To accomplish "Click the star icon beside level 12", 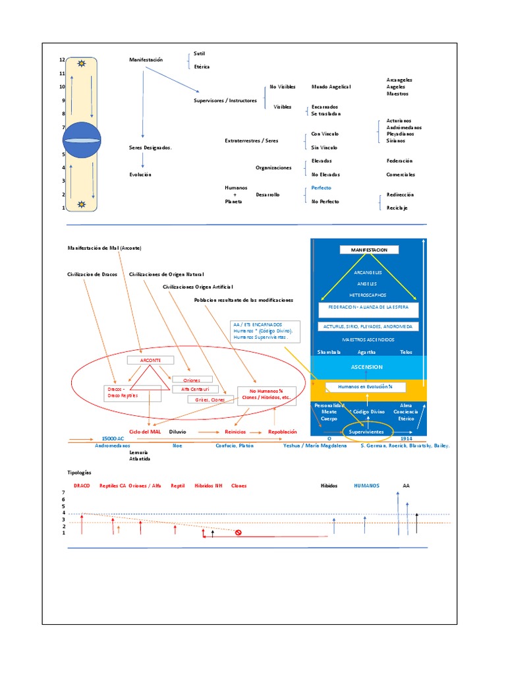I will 81,63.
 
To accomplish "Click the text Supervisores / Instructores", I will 225,101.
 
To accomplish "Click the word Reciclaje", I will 397,208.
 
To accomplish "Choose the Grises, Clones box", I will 206,399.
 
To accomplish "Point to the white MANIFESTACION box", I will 369,250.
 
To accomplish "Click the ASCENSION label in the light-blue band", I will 368,367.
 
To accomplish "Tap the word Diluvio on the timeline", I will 177,432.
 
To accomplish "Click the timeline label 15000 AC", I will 113,438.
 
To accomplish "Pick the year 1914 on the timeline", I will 407,438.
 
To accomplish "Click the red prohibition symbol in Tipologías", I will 239,533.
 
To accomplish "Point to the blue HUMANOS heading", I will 366,486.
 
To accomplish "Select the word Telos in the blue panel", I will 406,352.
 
